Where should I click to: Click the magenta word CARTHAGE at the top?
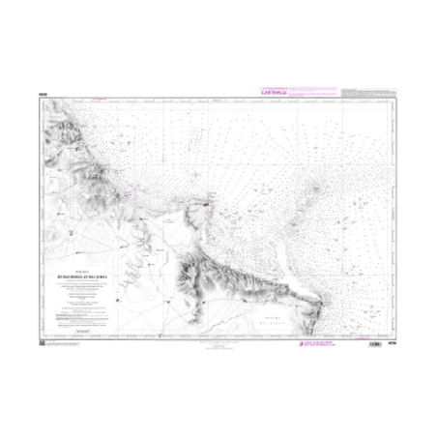[x=276, y=92]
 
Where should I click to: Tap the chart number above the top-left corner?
[x=44, y=94]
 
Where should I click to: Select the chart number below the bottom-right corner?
[x=391, y=341]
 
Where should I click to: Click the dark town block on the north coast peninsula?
[x=207, y=204]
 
